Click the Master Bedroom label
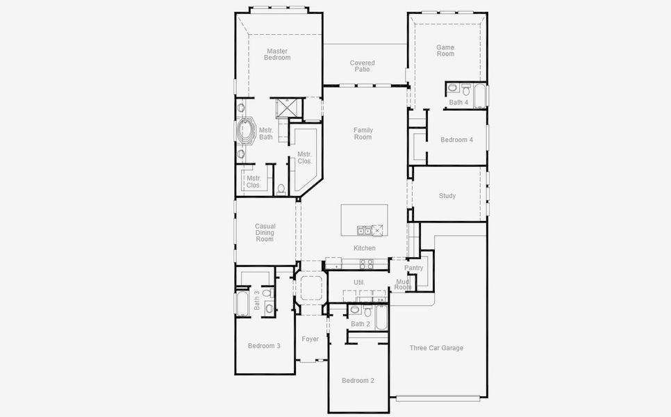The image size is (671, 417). (x=277, y=54)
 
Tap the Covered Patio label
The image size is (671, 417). (x=362, y=66)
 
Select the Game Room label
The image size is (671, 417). (x=445, y=51)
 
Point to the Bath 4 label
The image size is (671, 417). (x=458, y=103)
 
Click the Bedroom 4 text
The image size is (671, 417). (x=456, y=140)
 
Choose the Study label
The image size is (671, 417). (x=447, y=196)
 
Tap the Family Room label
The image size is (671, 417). (x=363, y=133)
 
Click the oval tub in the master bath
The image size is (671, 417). (x=246, y=131)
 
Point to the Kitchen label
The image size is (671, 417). (x=365, y=248)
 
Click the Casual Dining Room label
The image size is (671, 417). (x=265, y=233)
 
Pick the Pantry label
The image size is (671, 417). (x=414, y=268)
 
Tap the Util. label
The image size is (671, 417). (x=359, y=282)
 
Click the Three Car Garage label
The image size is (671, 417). (x=436, y=348)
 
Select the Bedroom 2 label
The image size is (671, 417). (x=358, y=381)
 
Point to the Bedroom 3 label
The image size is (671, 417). (x=264, y=345)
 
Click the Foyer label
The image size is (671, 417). (x=310, y=339)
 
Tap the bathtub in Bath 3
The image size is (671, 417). (x=242, y=303)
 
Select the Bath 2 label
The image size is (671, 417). (x=361, y=324)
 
